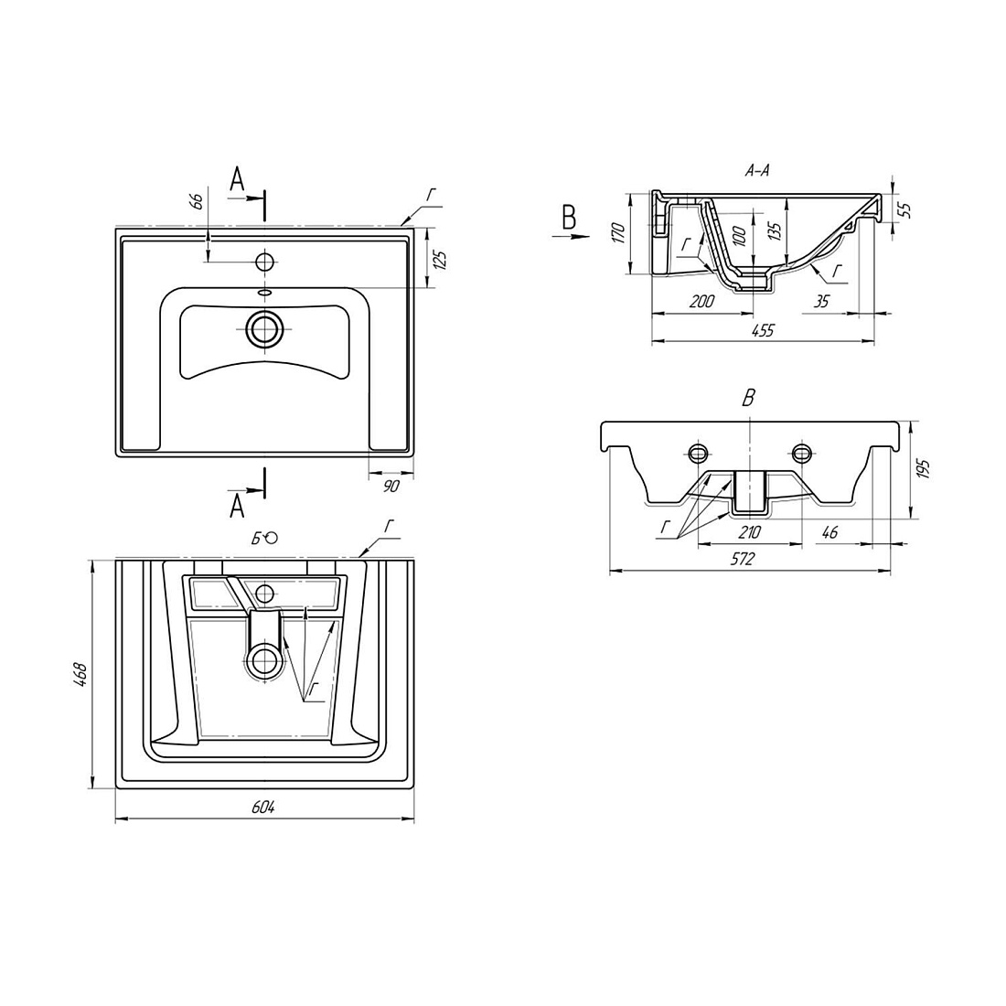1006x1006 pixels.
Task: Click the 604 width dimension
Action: click(x=263, y=808)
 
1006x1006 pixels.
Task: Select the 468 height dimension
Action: click(x=80, y=675)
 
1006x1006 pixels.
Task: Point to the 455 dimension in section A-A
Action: click(x=763, y=330)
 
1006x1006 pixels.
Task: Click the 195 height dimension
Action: click(x=923, y=470)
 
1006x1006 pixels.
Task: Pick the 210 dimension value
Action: click(x=749, y=532)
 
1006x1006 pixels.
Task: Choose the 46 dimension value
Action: click(x=829, y=532)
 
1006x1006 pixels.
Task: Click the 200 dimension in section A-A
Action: click(x=701, y=302)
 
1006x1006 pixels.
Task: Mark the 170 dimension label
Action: click(x=618, y=232)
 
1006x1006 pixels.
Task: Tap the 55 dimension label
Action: click(x=906, y=209)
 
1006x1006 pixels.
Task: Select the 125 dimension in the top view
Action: click(x=441, y=260)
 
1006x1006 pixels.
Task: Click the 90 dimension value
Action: click(x=391, y=487)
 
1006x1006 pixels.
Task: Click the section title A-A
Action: click(x=757, y=171)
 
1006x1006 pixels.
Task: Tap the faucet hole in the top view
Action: click(x=264, y=262)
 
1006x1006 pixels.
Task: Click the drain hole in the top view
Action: click(x=264, y=329)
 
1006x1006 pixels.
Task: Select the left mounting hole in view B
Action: click(x=698, y=454)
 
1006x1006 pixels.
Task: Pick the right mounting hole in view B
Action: click(x=800, y=454)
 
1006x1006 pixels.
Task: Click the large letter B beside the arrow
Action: click(x=569, y=219)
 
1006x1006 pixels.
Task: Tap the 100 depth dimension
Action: click(x=739, y=235)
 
